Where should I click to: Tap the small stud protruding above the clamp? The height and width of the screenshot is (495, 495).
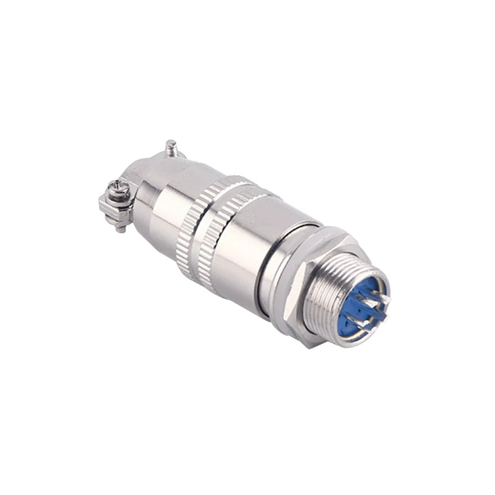171,148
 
